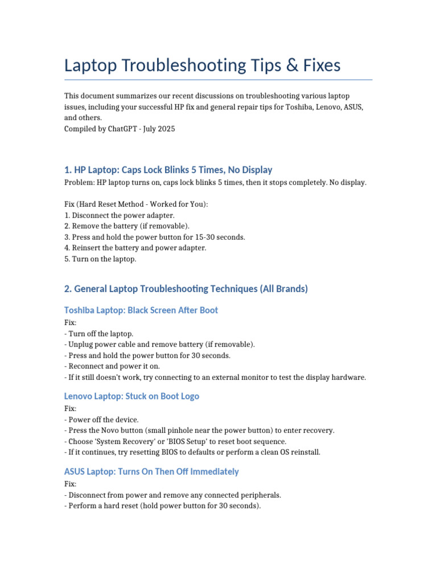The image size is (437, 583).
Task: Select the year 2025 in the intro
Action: (x=164, y=129)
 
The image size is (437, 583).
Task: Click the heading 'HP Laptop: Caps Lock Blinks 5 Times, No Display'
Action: (x=168, y=170)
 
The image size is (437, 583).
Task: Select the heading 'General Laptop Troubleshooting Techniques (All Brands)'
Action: (x=186, y=289)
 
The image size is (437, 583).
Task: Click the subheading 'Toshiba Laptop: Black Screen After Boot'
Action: (x=141, y=310)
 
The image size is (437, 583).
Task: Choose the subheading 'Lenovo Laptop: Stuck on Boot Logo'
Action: (x=131, y=396)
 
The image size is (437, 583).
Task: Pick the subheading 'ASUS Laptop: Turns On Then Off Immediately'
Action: (x=151, y=471)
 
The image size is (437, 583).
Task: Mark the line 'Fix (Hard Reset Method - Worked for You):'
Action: (x=136, y=204)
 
